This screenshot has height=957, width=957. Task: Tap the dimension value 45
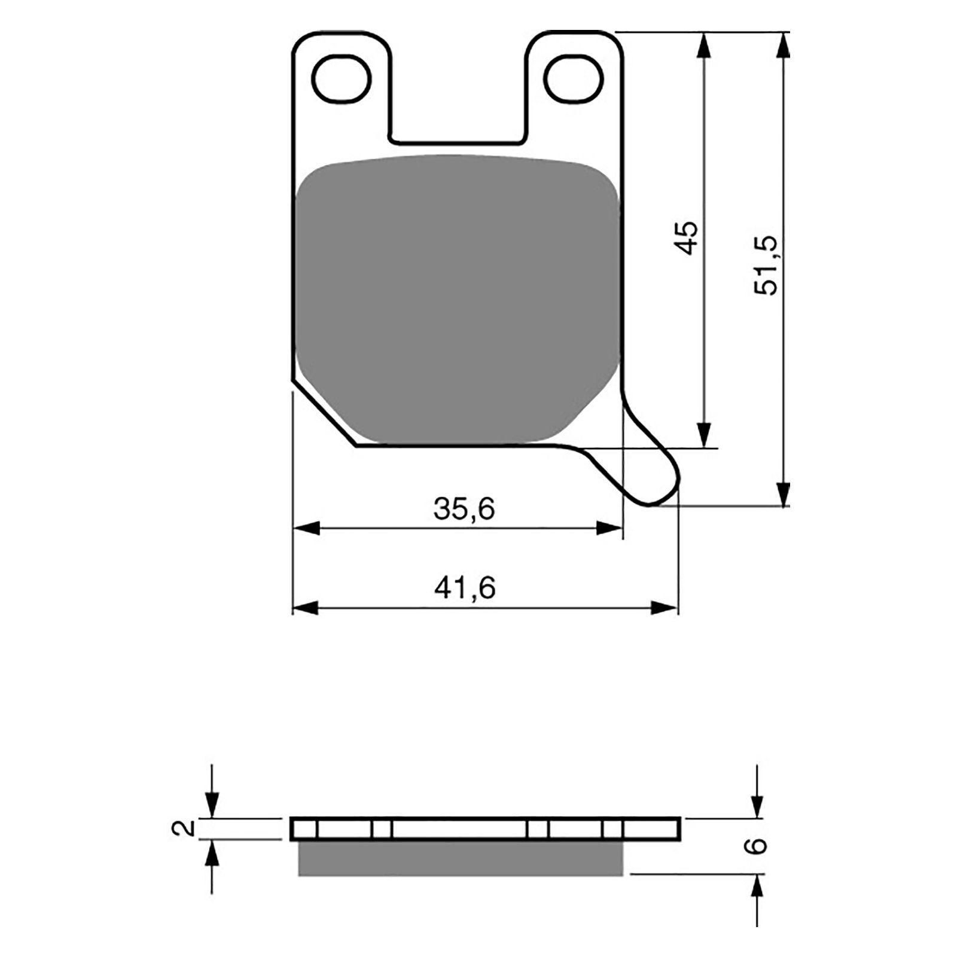click(x=688, y=238)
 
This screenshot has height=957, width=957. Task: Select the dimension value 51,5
click(x=767, y=264)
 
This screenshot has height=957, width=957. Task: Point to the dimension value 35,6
click(x=464, y=509)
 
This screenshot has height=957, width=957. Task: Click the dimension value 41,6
click(x=465, y=589)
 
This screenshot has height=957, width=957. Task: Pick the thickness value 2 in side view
click(x=187, y=828)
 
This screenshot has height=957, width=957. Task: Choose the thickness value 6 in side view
click(x=757, y=845)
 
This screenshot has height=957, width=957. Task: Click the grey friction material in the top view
click(x=458, y=299)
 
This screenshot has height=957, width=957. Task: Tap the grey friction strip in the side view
click(x=460, y=858)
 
